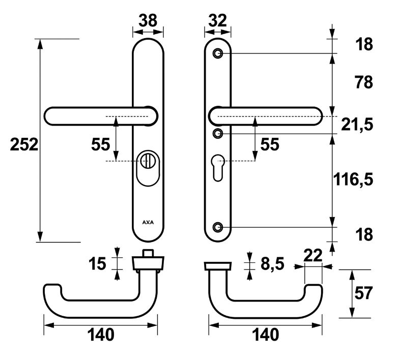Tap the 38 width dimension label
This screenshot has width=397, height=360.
click(148, 20)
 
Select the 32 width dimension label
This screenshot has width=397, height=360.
click(217, 20)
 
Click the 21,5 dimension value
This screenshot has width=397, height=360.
click(357, 124)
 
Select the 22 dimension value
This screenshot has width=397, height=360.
click(313, 256)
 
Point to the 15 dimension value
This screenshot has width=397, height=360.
click(98, 263)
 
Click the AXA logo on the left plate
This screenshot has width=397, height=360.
click(148, 222)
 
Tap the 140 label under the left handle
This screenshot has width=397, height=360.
click(101, 335)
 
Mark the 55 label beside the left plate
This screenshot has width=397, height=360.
click(101, 144)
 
